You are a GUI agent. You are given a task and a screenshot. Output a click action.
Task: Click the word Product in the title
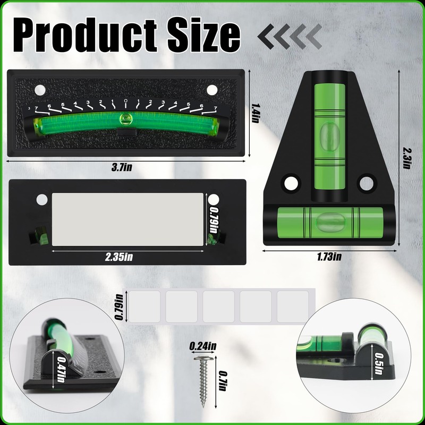click(85, 35)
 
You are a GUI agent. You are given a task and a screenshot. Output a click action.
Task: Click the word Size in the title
click(204, 35)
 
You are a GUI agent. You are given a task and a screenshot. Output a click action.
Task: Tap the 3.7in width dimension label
click(122, 167)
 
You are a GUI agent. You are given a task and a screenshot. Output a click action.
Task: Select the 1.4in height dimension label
click(255, 113)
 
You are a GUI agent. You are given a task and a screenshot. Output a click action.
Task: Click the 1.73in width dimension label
click(329, 257)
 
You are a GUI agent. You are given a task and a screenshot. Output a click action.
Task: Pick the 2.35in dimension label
click(119, 257)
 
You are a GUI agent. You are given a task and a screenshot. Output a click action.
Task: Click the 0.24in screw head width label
click(203, 346)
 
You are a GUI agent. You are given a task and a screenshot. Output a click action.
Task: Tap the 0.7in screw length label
click(223, 380)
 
